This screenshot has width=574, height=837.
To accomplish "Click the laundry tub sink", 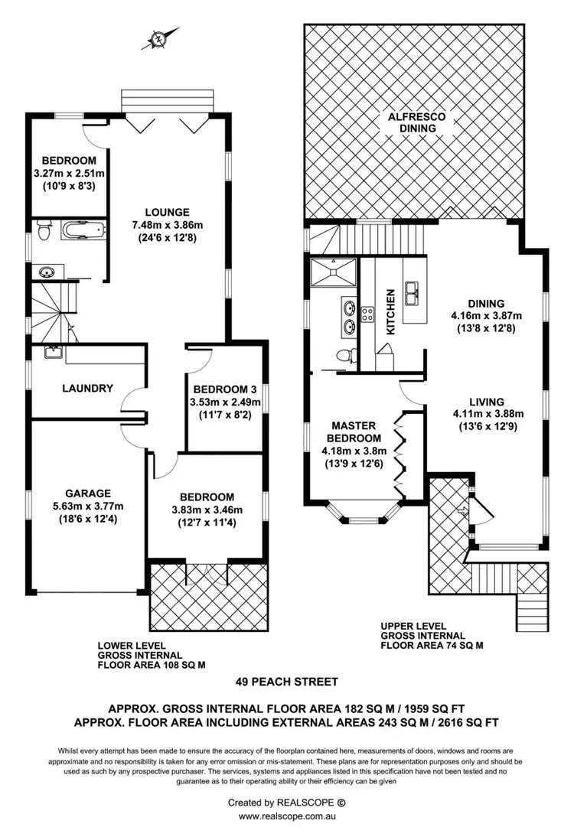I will [x=53, y=352].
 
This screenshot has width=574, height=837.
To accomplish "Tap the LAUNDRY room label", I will [x=87, y=388].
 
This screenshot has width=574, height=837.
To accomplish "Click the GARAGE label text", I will [x=87, y=493].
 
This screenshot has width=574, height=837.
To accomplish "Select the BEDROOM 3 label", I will [x=224, y=388].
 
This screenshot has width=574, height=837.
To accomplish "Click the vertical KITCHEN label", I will [x=390, y=311].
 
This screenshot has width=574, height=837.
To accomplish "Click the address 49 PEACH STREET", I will [x=286, y=682].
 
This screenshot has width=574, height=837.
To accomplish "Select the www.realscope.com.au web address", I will [x=287, y=816].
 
